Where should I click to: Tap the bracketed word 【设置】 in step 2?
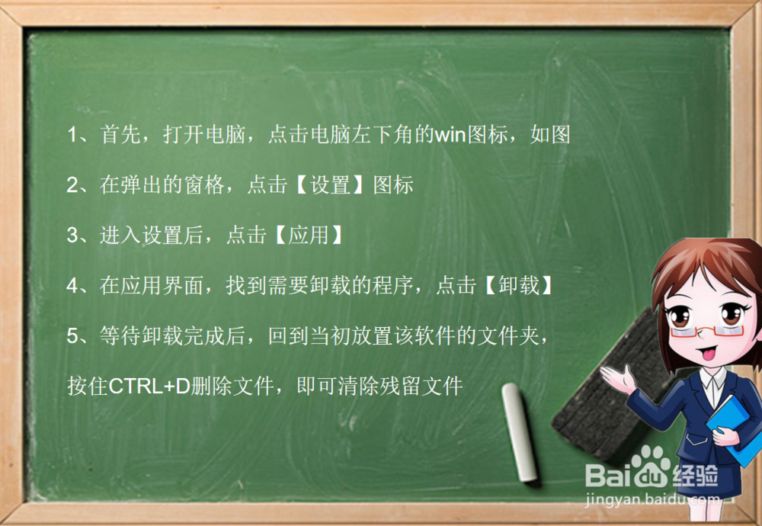point(331,185)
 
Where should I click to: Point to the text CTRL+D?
point(149,386)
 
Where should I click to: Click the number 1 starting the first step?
point(73,136)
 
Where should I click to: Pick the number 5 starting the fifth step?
point(73,336)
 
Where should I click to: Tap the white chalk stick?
point(520,431)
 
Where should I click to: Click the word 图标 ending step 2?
point(393,185)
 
